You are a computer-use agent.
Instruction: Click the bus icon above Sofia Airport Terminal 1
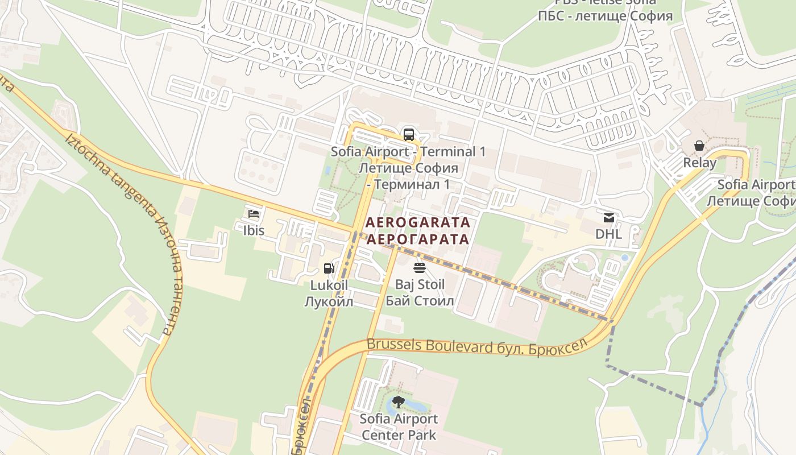click(408, 135)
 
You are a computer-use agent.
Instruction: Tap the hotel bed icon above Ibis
click(254, 214)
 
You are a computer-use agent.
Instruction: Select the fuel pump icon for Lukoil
click(329, 268)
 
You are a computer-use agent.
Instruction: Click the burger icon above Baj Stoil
click(420, 268)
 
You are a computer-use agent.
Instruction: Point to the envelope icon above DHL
click(608, 218)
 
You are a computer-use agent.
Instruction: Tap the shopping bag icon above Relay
click(699, 146)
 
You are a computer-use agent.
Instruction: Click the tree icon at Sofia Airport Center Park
click(399, 402)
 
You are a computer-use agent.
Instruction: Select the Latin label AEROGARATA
click(418, 222)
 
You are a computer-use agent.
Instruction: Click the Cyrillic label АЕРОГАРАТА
click(418, 239)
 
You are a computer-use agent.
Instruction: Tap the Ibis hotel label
click(254, 231)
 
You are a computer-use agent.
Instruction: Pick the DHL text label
click(608, 234)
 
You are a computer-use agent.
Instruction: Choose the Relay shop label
click(699, 163)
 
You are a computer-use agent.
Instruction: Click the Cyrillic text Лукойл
click(329, 301)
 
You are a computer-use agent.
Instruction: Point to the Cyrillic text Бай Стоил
click(420, 301)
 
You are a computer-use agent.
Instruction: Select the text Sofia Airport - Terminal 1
click(408, 152)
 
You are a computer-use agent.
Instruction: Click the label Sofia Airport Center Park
click(399, 427)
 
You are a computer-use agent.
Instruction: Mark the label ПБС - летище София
click(605, 16)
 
